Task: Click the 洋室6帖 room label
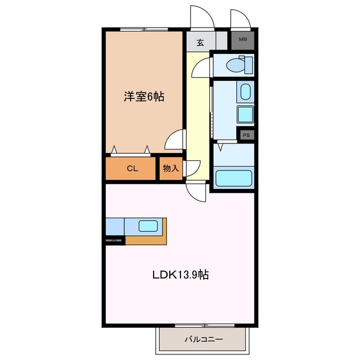click(x=144, y=97)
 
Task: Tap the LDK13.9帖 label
click(x=181, y=275)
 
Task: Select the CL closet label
click(x=132, y=168)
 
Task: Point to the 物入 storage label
click(x=171, y=168)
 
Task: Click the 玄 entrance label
click(x=200, y=41)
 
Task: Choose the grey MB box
click(x=242, y=39)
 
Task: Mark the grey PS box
click(x=246, y=135)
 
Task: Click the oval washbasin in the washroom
click(x=245, y=91)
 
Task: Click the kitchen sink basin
click(x=148, y=226)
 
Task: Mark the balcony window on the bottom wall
click(x=204, y=326)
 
